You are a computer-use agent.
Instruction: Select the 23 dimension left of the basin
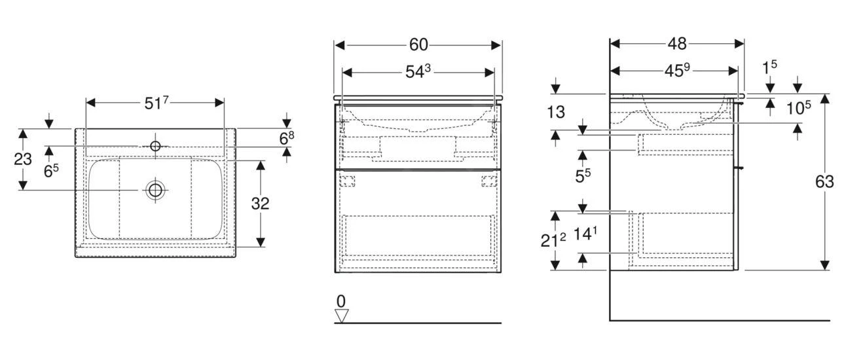coord(23,159)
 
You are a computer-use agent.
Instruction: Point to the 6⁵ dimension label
coord(51,171)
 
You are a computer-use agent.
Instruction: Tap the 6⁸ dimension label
coord(287,139)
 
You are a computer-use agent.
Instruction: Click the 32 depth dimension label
coord(261,204)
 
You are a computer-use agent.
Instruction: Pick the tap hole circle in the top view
coord(155,146)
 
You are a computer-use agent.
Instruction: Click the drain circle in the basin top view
coord(155,190)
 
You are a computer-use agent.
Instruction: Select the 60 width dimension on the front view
coord(418,45)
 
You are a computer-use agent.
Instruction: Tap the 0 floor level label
coord(341,302)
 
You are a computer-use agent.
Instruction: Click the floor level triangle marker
coord(341,316)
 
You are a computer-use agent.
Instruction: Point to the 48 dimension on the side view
coord(677,44)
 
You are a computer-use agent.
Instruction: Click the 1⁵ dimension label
coord(769,67)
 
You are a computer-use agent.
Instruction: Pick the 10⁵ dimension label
coord(798,108)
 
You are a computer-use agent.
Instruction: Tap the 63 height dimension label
coord(824,181)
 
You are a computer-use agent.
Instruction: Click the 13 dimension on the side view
coord(556,113)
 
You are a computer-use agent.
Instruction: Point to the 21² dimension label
coord(553,241)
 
